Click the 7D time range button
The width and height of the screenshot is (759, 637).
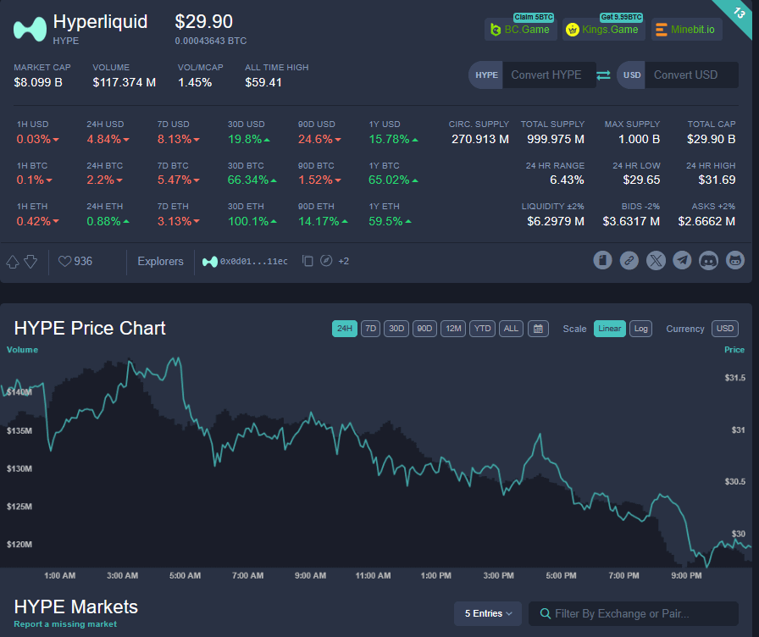click(x=370, y=329)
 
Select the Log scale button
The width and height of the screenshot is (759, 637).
click(x=641, y=329)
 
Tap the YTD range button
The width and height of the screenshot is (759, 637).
click(x=482, y=329)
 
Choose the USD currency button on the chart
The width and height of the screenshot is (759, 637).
click(x=725, y=329)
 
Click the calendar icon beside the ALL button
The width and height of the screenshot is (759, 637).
click(x=538, y=329)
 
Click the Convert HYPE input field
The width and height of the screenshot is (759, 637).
click(x=546, y=75)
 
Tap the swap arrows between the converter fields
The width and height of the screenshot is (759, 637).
click(x=603, y=75)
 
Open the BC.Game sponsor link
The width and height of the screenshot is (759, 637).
click(x=520, y=30)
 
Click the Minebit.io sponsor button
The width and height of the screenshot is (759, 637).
click(x=686, y=30)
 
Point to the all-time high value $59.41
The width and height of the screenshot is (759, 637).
click(x=263, y=82)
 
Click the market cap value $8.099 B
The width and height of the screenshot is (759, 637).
click(x=38, y=82)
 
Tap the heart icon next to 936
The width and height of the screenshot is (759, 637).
click(x=65, y=261)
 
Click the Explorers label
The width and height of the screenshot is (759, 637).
click(x=160, y=261)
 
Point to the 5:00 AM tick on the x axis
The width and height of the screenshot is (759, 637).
click(x=186, y=576)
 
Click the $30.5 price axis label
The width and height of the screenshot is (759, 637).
click(x=734, y=482)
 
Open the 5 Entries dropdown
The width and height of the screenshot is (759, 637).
click(x=488, y=613)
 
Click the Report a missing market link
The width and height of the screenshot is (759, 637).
click(x=65, y=624)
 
